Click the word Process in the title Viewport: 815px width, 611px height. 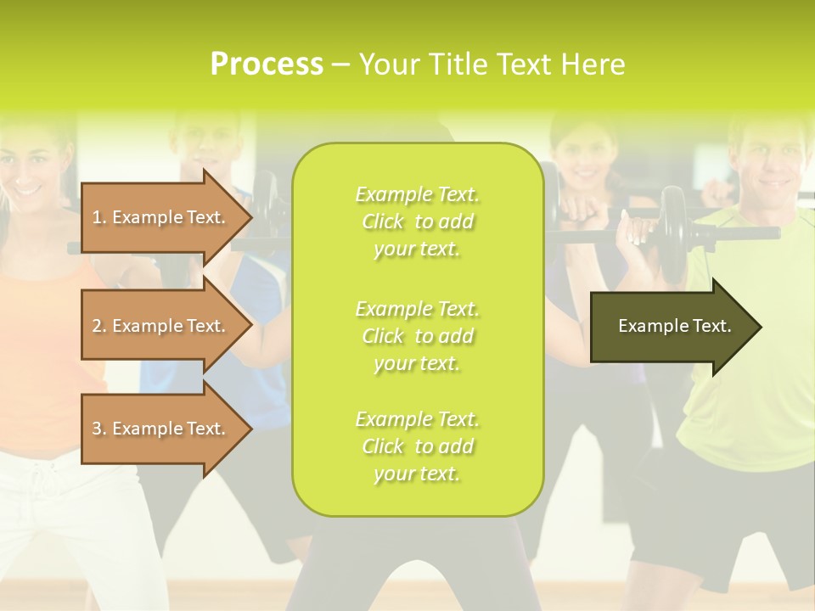(267, 64)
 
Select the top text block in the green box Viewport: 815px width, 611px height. (417, 221)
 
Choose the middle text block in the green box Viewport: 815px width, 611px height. (417, 336)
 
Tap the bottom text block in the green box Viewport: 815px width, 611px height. (417, 446)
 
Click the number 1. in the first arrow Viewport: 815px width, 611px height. (98, 217)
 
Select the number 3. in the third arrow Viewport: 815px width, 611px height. (98, 429)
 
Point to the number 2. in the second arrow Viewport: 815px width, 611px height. (98, 326)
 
